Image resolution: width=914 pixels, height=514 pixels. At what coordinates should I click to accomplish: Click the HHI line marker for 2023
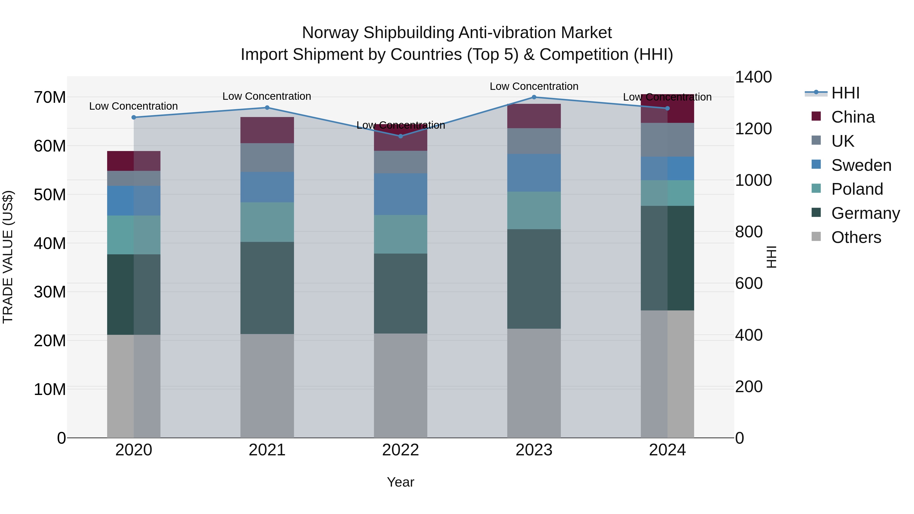pyautogui.click(x=534, y=97)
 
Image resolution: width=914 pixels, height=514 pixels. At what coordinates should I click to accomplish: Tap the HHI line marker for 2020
pyautogui.click(x=134, y=118)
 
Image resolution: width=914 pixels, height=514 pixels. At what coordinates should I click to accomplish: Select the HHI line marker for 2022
pyautogui.click(x=401, y=136)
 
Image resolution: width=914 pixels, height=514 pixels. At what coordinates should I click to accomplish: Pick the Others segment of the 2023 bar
pyautogui.click(x=534, y=383)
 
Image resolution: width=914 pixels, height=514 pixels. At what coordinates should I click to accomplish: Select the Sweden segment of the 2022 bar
pyautogui.click(x=401, y=194)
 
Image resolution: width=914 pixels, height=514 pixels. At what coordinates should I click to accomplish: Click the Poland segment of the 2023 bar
pyautogui.click(x=534, y=210)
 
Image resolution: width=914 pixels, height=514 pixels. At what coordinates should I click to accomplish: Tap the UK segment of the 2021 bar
pyautogui.click(x=267, y=157)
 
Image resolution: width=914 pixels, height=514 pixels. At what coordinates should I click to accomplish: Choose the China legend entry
pyautogui.click(x=853, y=117)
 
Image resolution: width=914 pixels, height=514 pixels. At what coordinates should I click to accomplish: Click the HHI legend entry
pyautogui.click(x=845, y=93)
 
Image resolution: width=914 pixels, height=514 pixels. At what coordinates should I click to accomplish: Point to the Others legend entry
pyautogui.click(x=856, y=237)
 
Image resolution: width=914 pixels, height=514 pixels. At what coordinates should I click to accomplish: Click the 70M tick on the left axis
pyautogui.click(x=50, y=97)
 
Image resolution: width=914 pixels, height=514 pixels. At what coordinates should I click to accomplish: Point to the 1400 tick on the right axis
pyautogui.click(x=753, y=77)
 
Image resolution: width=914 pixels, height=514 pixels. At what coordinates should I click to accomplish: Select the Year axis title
pyautogui.click(x=401, y=482)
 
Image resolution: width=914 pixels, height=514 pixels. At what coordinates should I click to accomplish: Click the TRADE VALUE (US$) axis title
pyautogui.click(x=8, y=257)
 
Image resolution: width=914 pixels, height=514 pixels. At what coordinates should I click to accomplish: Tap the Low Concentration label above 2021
pyautogui.click(x=267, y=96)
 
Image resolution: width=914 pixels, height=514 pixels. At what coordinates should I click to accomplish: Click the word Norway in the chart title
pyautogui.click(x=330, y=33)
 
